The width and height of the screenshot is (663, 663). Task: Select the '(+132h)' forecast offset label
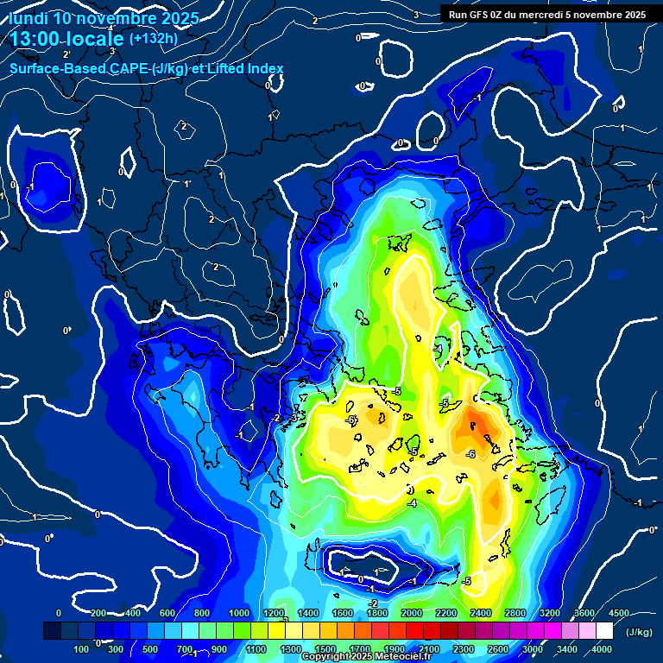[x=154, y=39]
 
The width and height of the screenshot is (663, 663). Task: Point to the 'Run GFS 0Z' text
[x=477, y=15]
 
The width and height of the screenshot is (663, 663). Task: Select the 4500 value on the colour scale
[x=619, y=613]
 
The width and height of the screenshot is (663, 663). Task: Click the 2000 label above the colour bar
[x=412, y=613]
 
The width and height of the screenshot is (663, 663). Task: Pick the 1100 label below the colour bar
[x=256, y=649]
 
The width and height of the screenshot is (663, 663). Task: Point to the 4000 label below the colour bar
[x=602, y=649]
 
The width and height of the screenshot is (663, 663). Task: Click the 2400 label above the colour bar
[x=481, y=613]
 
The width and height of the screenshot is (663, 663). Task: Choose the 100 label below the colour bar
[x=83, y=649]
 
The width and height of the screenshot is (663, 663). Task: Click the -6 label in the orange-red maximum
[x=471, y=454]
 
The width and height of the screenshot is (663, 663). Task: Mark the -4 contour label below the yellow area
[x=413, y=503]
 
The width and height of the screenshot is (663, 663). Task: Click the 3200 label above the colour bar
[x=550, y=613]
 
